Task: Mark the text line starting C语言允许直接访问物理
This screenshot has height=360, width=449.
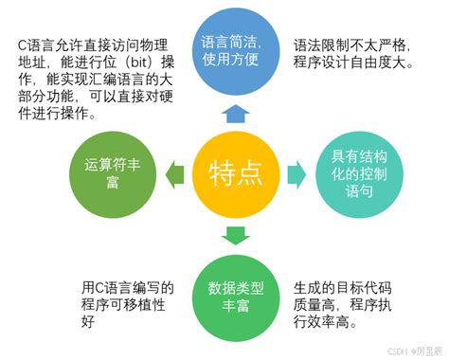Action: [93, 45]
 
